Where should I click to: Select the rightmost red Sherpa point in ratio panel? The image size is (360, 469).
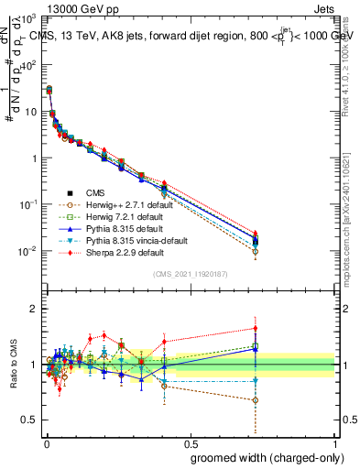click(x=256, y=328)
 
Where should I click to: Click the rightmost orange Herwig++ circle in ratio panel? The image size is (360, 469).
click(x=256, y=400)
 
